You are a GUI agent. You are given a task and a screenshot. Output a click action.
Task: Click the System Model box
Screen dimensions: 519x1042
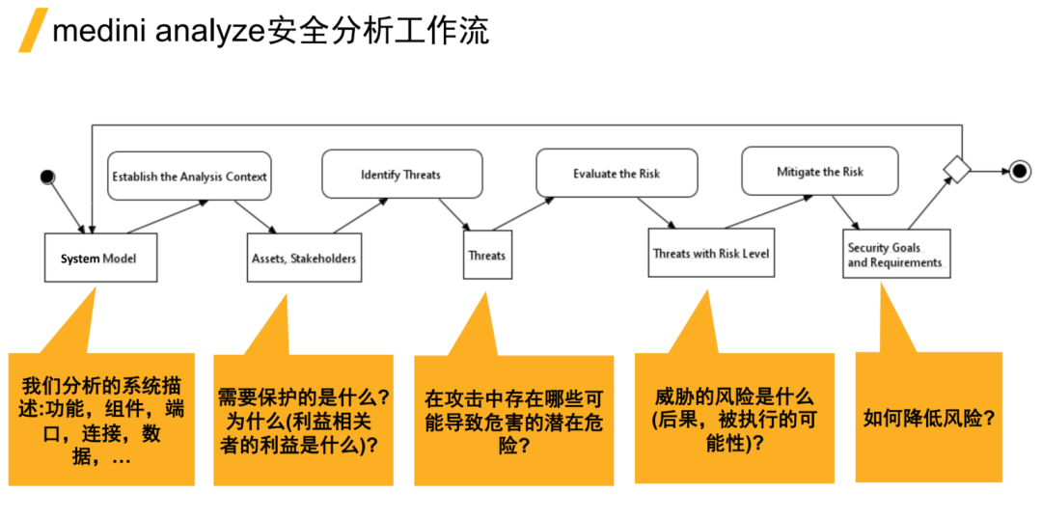[x=100, y=258]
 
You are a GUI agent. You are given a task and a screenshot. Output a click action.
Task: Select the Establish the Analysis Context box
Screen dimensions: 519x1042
[x=189, y=176]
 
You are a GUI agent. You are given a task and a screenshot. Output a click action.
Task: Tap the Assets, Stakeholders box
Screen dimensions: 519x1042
[x=304, y=258]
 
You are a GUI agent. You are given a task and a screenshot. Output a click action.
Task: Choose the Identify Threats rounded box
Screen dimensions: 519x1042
[x=400, y=175]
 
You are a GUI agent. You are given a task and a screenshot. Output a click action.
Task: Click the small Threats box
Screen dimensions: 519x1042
[x=487, y=255]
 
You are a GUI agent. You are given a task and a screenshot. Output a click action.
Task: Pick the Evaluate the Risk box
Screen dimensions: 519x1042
[x=617, y=174]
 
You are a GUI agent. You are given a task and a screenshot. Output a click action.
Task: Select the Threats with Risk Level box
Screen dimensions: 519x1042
[x=711, y=253]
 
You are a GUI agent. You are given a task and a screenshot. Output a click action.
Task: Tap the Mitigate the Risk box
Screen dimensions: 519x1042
[x=819, y=172]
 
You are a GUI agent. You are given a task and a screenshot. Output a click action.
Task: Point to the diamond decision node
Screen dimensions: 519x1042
[x=955, y=170]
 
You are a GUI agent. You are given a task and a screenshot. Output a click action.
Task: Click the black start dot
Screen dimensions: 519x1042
[x=46, y=176]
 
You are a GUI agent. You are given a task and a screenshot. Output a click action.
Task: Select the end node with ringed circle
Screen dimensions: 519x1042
[x=1019, y=172]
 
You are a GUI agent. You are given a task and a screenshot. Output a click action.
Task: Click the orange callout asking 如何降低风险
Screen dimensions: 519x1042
[x=928, y=418]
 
